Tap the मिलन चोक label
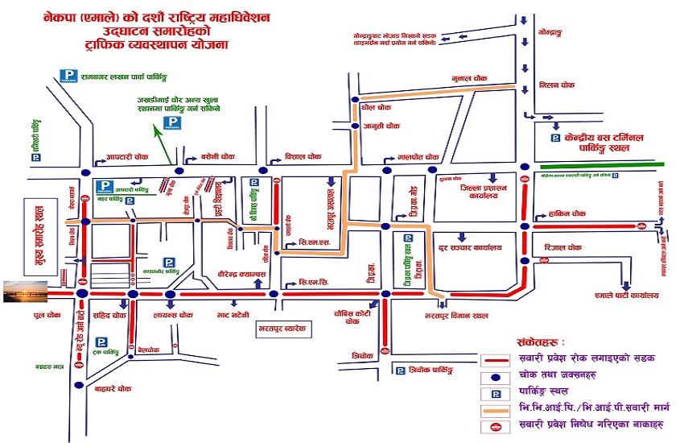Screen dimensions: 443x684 point(557,83)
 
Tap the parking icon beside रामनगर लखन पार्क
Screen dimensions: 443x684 point(68,76)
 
